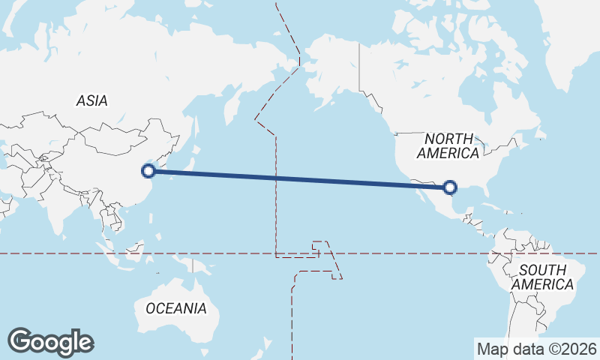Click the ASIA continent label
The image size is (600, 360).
tap(91, 100)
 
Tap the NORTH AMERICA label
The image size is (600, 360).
tap(448, 146)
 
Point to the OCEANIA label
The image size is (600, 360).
tap(175, 308)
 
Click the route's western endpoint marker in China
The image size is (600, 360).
tap(148, 171)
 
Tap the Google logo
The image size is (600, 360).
tap(50, 342)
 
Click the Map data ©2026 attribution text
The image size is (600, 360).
tap(536, 349)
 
